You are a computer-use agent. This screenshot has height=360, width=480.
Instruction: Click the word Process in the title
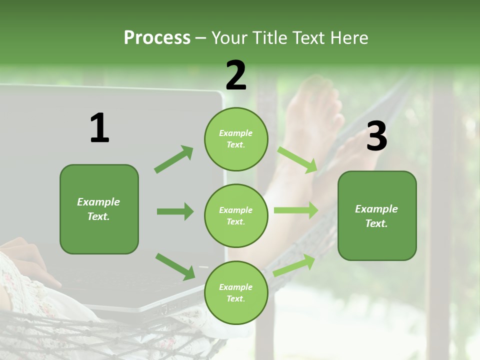pos(157,38)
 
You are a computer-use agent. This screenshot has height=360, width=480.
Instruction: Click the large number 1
pos(99,128)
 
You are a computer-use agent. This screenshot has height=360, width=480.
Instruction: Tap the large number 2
pos(236,75)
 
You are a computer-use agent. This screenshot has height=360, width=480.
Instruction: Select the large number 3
pos(376,136)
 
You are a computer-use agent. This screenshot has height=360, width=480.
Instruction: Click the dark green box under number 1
pos(99,209)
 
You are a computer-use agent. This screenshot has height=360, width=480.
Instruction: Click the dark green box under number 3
pos(377,216)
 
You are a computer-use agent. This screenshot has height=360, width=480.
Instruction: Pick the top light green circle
pos(236,139)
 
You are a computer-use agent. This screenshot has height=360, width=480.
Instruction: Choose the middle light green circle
pos(236,216)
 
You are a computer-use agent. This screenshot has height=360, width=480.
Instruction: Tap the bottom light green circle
pos(236,293)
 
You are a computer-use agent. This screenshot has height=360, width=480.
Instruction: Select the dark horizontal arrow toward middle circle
pos(175,211)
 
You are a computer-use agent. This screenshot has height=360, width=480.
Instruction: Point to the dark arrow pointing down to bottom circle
pos(175,266)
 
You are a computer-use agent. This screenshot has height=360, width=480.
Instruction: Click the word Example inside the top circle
pos(236,133)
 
